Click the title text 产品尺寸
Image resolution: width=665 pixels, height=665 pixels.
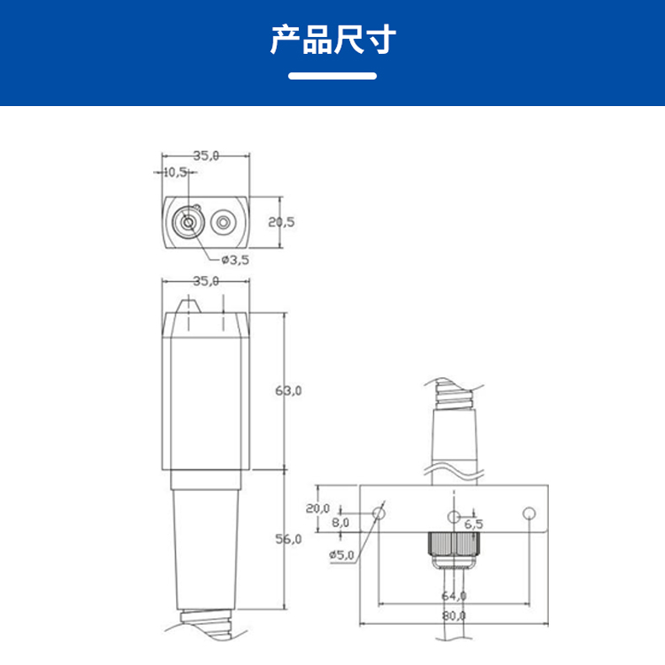click(x=332, y=39)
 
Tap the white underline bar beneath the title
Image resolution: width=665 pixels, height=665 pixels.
click(x=332, y=76)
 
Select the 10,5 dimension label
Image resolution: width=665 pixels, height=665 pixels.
click(x=176, y=172)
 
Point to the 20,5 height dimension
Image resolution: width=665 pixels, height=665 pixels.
click(x=281, y=222)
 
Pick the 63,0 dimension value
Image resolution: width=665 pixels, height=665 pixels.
click(x=288, y=391)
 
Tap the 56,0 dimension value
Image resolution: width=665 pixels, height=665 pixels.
click(x=288, y=539)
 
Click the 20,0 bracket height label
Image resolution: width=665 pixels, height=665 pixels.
click(x=317, y=508)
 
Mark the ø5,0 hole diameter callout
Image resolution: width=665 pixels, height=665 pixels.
click(x=343, y=554)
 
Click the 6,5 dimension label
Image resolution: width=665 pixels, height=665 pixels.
click(x=473, y=524)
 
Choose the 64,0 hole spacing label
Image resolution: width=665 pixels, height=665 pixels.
click(x=454, y=595)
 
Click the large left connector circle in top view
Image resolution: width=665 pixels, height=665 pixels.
click(x=188, y=223)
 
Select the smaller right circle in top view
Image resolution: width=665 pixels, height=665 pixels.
click(x=224, y=223)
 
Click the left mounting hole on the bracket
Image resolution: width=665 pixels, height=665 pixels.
click(x=379, y=513)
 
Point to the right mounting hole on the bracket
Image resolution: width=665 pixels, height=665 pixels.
click(x=529, y=513)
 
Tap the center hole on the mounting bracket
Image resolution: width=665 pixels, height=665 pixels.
click(x=454, y=516)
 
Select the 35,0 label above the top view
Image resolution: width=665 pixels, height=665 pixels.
click(x=206, y=155)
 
